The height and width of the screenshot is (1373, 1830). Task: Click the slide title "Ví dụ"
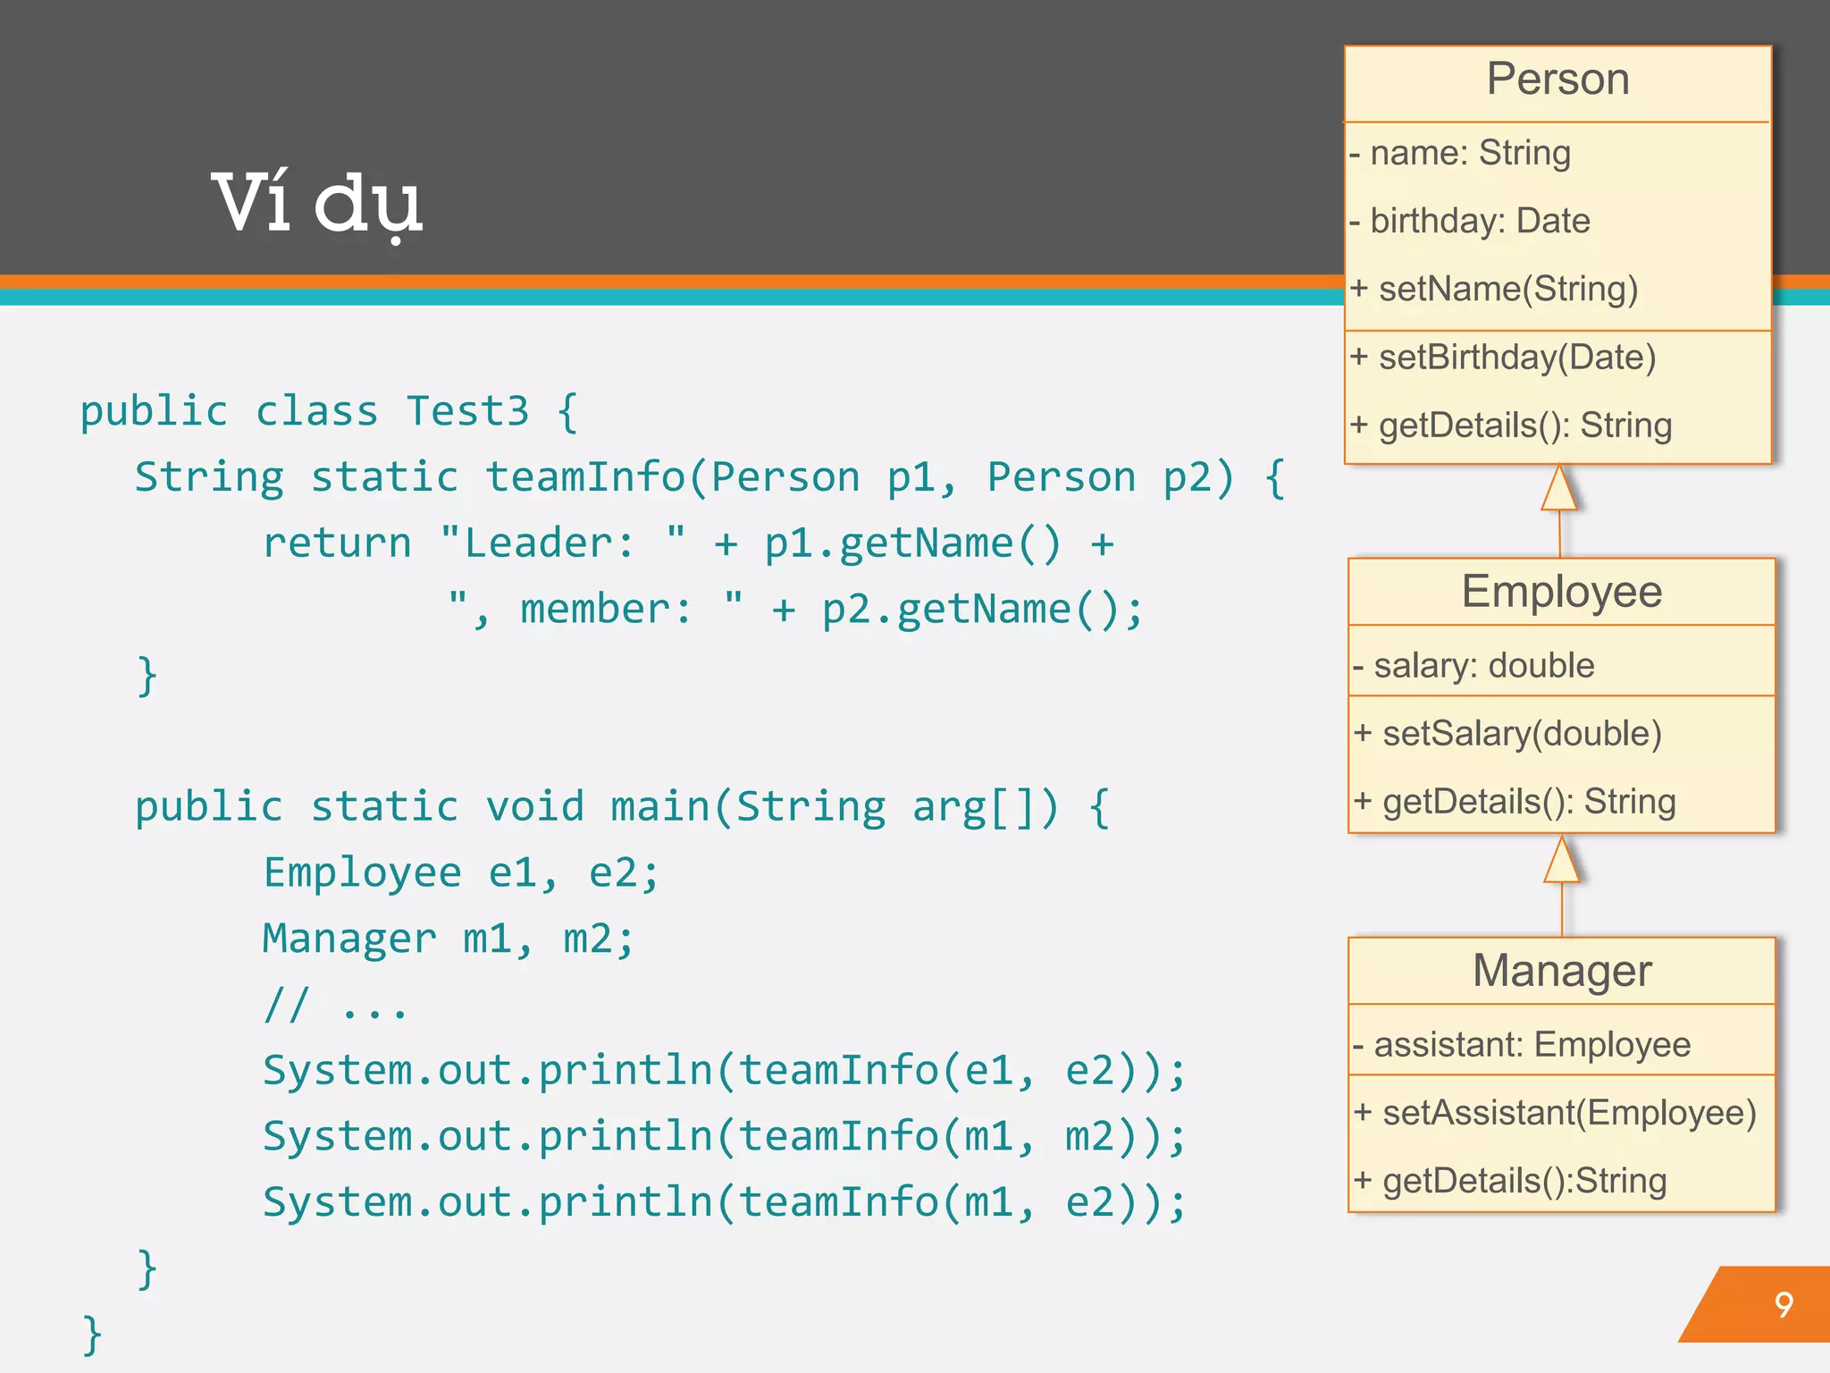point(316,204)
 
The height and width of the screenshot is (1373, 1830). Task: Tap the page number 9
point(1784,1305)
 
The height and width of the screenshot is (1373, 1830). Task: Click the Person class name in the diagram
point(1557,80)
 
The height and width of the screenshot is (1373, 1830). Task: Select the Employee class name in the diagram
point(1561,592)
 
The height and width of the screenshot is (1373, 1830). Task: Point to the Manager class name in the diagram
point(1562,971)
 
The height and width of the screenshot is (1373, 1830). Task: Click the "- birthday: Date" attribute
point(1471,221)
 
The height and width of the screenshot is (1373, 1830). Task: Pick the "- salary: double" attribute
point(1474,666)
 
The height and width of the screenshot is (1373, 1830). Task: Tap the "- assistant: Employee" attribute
point(1522,1044)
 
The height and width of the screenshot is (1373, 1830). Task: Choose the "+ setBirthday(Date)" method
point(1504,358)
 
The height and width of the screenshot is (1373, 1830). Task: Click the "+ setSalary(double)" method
point(1508,734)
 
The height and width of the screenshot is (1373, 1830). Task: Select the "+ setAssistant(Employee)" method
point(1555,1113)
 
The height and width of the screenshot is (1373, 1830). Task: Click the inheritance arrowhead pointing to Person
point(1558,489)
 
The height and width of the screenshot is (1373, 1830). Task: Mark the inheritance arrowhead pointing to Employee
point(1561,861)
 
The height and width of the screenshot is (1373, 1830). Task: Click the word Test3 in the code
point(467,411)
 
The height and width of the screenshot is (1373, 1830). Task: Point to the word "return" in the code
point(337,543)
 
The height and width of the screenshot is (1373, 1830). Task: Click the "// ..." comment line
point(335,1005)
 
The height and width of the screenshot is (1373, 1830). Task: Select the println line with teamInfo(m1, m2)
point(724,1137)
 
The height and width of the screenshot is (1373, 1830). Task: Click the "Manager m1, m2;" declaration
point(448,939)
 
